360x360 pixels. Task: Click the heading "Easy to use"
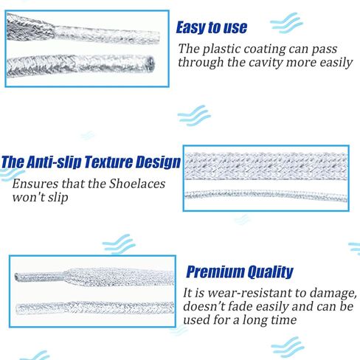pyautogui.click(x=212, y=27)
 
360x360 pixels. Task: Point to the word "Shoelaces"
pyautogui.click(x=137, y=184)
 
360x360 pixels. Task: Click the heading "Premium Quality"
pyautogui.click(x=240, y=272)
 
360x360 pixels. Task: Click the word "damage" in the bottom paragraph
pyautogui.click(x=333, y=294)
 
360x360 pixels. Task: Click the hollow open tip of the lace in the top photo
pyautogui.click(x=150, y=63)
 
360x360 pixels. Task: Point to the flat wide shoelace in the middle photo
pyautogui.click(x=266, y=166)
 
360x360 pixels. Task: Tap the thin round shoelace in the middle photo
pyautogui.click(x=266, y=195)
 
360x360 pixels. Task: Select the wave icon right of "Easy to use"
pyautogui.click(x=286, y=23)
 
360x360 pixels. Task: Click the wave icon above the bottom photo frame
pyautogui.click(x=119, y=243)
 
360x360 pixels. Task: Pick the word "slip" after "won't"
pyautogui.click(x=58, y=198)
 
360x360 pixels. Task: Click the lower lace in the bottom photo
pyautogui.click(x=95, y=308)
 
